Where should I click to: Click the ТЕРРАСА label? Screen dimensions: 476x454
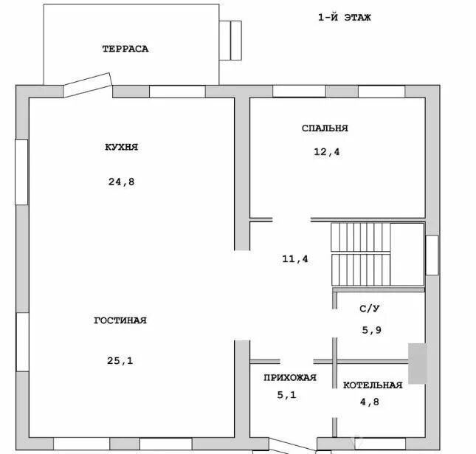(125, 49)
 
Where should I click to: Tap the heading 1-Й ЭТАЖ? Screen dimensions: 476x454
(345, 17)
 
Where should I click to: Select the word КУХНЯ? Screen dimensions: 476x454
(122, 147)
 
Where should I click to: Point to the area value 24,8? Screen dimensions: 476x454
(122, 182)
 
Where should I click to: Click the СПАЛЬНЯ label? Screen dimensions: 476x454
(325, 128)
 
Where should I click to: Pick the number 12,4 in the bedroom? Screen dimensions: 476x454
(327, 151)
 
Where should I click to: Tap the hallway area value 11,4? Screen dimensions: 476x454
(295, 258)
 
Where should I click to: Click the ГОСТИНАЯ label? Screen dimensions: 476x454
(120, 320)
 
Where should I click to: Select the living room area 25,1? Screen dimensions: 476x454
(120, 360)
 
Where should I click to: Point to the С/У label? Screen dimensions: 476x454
(370, 309)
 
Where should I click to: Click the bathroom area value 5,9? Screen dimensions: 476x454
(371, 330)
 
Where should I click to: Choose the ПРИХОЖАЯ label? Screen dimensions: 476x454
(290, 377)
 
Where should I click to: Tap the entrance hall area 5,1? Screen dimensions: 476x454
(286, 395)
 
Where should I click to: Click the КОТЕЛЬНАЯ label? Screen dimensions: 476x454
(373, 385)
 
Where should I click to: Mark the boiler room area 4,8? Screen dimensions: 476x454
(370, 402)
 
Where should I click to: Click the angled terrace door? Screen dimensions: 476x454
(87, 85)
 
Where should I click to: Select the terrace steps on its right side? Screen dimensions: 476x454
(230, 41)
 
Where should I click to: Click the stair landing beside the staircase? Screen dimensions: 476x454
(407, 255)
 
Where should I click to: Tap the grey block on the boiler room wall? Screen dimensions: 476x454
(418, 363)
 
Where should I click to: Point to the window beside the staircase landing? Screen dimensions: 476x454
(432, 255)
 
